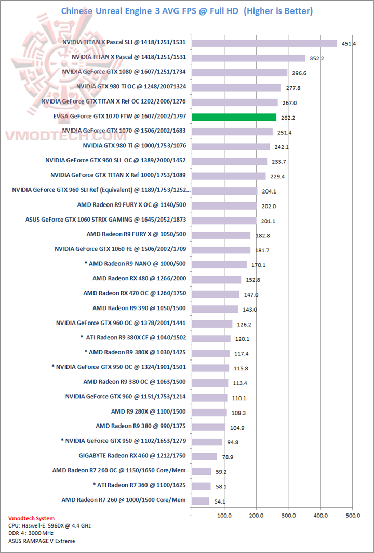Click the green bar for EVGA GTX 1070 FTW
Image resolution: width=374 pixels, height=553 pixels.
(234, 117)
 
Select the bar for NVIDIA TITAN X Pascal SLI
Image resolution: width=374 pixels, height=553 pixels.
(264, 43)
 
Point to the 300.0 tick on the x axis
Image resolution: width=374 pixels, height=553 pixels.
(288, 516)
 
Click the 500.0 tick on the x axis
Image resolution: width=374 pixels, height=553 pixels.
(353, 516)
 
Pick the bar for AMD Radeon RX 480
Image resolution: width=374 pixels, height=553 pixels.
(217, 279)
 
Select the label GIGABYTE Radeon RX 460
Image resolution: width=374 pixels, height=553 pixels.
(132, 456)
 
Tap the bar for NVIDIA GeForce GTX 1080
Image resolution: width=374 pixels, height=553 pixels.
(239, 73)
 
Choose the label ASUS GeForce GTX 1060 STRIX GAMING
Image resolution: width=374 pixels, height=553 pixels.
(106, 220)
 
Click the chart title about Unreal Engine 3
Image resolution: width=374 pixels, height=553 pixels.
(187, 11)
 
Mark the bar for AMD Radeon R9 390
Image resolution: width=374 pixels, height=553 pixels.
(215, 309)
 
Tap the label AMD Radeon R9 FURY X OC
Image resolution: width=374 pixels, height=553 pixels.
(131, 205)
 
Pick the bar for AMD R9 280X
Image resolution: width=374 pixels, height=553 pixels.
(209, 412)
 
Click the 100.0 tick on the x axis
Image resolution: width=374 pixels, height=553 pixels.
(224, 516)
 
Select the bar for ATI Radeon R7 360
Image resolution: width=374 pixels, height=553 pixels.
(201, 486)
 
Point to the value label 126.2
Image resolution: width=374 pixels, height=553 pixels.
(243, 324)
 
